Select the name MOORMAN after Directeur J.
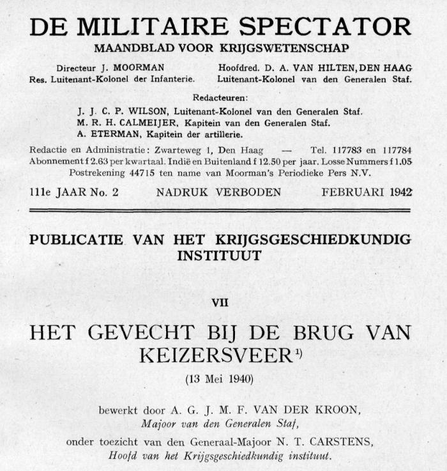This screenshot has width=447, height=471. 140,68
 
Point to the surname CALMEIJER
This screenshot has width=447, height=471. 154,123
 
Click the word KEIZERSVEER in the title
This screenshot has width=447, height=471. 218,355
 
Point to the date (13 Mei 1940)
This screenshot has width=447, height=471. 220,378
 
